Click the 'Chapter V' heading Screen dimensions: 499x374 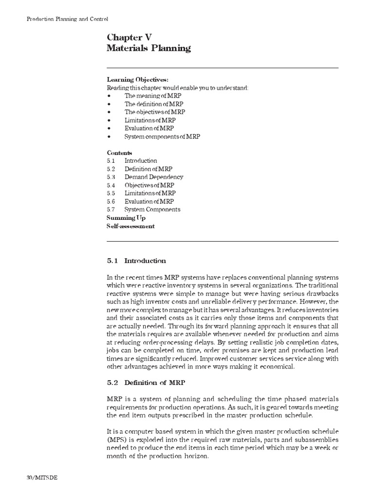click(130, 37)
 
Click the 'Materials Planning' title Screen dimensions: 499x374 click(149, 48)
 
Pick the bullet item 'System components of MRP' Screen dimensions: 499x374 click(162, 136)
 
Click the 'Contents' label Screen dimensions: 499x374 click(119, 153)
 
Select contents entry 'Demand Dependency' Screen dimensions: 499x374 click(153, 177)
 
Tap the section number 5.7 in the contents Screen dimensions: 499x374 click(111, 210)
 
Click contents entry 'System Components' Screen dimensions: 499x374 click(152, 210)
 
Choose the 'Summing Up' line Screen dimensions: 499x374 click(126, 218)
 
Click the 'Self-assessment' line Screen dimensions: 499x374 click(131, 226)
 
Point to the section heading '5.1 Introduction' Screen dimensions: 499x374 click(136, 261)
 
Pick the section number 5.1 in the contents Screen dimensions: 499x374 click(111, 161)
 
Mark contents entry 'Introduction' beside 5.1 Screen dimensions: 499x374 click(140, 161)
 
